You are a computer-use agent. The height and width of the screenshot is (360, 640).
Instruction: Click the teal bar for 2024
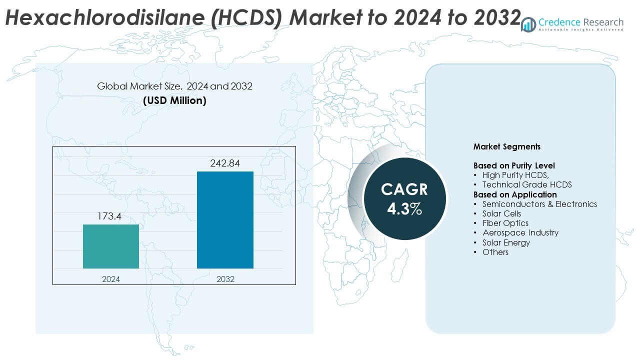click(111, 246)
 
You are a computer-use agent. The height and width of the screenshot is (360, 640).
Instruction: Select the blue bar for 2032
click(225, 220)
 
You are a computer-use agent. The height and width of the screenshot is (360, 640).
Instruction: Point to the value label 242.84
click(225, 163)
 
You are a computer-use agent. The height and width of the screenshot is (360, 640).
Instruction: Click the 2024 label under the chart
click(111, 279)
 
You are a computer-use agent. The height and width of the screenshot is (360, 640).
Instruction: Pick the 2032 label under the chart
click(225, 279)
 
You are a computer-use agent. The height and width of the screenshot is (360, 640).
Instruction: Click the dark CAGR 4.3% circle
click(404, 199)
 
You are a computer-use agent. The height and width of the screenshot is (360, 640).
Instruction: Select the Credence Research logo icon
click(528, 24)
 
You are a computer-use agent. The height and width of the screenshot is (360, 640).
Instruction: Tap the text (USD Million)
click(174, 100)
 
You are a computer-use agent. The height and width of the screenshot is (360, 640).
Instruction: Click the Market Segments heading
click(507, 147)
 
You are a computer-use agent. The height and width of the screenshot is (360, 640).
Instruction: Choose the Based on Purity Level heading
click(514, 165)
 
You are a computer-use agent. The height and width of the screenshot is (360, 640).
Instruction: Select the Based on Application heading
click(515, 194)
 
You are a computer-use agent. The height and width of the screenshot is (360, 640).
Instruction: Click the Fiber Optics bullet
click(505, 223)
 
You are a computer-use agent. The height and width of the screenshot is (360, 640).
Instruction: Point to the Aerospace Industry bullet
click(520, 232)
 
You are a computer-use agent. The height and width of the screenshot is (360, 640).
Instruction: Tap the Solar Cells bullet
click(501, 213)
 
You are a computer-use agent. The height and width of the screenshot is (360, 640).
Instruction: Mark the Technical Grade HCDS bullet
click(527, 185)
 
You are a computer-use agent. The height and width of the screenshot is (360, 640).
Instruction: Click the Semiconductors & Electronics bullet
click(539, 204)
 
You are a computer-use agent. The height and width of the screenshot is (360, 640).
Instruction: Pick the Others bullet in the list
click(495, 252)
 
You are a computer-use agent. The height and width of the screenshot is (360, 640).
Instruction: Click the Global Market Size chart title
click(174, 86)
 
